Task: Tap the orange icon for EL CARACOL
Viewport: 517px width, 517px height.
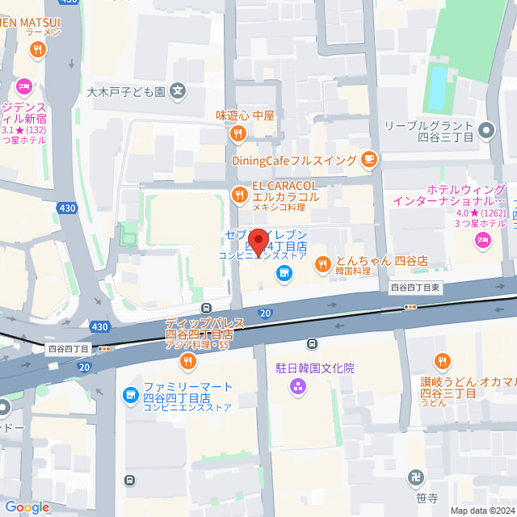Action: click(x=239, y=193)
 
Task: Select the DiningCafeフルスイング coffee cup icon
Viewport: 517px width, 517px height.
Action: click(x=369, y=159)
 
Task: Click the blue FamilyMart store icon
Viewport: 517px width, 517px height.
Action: click(x=130, y=395)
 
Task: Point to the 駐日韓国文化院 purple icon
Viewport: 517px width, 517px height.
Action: click(x=298, y=386)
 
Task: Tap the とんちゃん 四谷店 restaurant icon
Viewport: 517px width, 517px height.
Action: click(x=322, y=263)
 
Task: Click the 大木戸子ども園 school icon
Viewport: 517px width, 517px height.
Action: click(x=178, y=91)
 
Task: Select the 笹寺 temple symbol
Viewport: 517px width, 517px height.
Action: click(x=418, y=478)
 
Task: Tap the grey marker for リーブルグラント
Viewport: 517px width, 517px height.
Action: click(x=486, y=128)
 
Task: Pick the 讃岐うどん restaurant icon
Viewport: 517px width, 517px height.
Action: click(x=442, y=361)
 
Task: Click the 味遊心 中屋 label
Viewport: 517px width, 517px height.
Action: click(x=246, y=115)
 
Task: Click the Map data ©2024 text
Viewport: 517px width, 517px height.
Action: click(x=481, y=510)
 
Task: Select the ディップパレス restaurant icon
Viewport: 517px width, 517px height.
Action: click(x=187, y=360)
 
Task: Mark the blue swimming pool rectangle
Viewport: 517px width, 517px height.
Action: click(x=436, y=88)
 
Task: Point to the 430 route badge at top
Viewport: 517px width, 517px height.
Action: click(x=70, y=2)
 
